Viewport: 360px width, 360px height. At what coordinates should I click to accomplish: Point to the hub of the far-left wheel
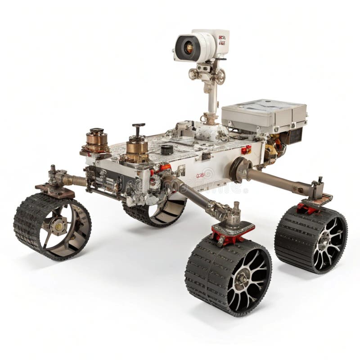coord(58,226)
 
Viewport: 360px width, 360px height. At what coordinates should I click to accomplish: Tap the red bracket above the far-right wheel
coord(308,208)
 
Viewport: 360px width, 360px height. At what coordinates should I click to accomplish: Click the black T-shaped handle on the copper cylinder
coord(138,129)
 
